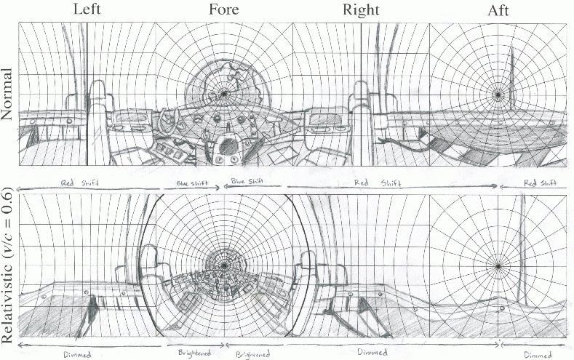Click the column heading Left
tap(87, 12)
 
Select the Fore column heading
tap(224, 12)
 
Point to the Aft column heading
tap(498, 12)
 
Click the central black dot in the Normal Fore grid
tap(225, 94)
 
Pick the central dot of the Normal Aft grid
tap(498, 94)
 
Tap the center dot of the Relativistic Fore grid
tap(225, 265)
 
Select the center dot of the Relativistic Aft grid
tap(498, 265)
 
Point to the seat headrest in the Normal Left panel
tap(97, 91)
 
